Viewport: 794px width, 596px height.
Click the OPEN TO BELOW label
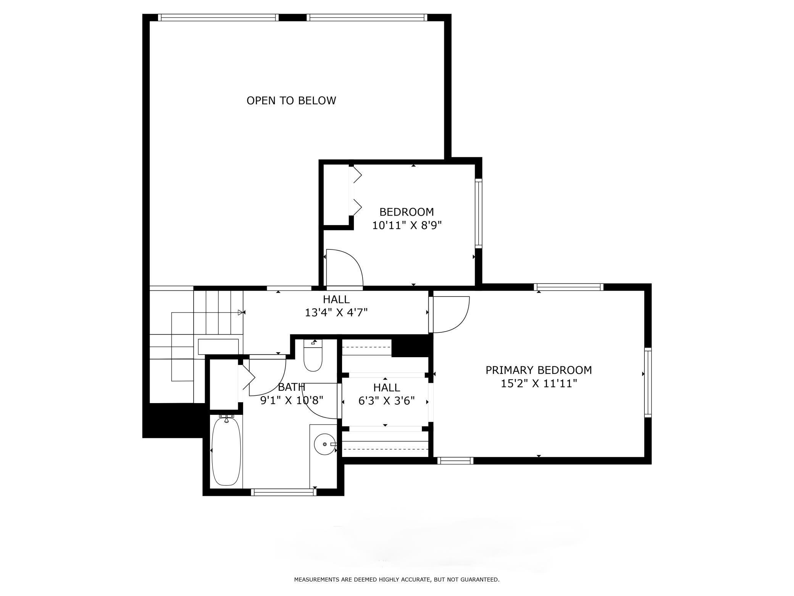pos(291,100)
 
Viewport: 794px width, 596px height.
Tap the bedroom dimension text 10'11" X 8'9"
pos(407,225)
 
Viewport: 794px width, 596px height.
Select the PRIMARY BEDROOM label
pos(538,370)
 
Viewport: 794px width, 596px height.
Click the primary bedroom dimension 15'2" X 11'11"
pos(538,383)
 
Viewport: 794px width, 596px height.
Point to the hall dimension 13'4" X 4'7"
pos(336,313)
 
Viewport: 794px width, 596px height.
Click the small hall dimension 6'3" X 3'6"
pos(386,401)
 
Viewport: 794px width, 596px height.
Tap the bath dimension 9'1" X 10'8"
pos(292,400)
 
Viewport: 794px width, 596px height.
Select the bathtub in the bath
pos(226,451)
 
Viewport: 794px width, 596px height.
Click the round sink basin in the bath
pos(324,444)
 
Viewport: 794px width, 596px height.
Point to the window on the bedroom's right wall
pos(478,213)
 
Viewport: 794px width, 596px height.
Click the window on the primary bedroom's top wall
pos(568,287)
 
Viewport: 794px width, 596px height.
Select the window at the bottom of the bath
pos(284,492)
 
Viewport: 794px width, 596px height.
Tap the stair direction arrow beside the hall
pos(240,313)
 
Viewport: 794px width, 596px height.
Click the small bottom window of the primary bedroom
pos(455,461)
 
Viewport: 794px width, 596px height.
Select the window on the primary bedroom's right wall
pos(648,382)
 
